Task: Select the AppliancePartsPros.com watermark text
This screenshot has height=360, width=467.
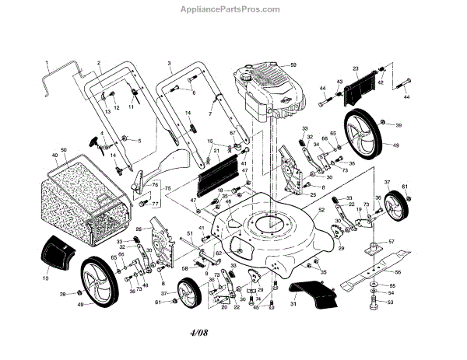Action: pyautogui.click(x=233, y=9)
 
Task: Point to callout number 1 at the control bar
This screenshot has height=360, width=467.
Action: pyautogui.click(x=47, y=61)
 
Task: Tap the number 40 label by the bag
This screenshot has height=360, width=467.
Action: pyautogui.click(x=54, y=155)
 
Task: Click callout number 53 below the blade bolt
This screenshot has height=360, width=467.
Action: pyautogui.click(x=392, y=304)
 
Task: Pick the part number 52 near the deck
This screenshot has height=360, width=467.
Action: pyautogui.click(x=321, y=209)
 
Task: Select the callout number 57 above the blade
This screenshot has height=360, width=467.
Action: pyautogui.click(x=392, y=242)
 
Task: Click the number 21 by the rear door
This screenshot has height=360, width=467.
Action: pyautogui.click(x=216, y=150)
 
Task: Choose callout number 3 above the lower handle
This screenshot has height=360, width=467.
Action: pyautogui.click(x=169, y=61)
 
